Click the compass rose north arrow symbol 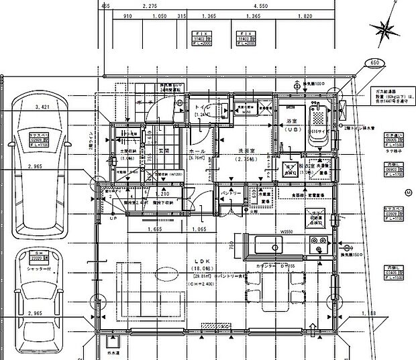click(387, 29)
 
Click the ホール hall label click(197, 152)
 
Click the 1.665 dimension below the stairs click(153, 229)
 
